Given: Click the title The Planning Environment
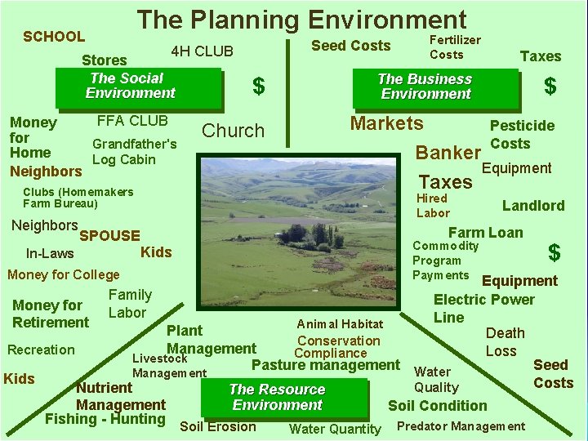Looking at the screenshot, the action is tap(301, 20).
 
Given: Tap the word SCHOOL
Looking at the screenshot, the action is tap(54, 37).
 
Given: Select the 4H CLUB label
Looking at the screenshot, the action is tap(202, 51).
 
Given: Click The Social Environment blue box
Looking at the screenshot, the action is tap(131, 86).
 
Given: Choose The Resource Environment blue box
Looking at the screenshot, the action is tap(277, 398).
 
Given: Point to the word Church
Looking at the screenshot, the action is tap(234, 131).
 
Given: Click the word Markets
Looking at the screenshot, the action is tap(386, 123).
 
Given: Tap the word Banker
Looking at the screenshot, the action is tap(448, 153).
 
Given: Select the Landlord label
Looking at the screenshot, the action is tap(532, 206).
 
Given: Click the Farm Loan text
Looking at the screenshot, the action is tap(486, 233).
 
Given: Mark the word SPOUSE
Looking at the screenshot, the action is tap(110, 236).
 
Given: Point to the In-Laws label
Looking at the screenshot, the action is tap(50, 254).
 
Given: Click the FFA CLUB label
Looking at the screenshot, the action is tap(132, 121).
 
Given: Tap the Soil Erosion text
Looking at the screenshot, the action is tap(217, 426).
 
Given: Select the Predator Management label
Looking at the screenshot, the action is tap(461, 426).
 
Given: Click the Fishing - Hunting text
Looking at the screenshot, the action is tap(105, 420).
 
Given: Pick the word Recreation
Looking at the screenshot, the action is tap(41, 350).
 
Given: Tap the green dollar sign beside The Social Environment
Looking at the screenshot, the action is tap(259, 86).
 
